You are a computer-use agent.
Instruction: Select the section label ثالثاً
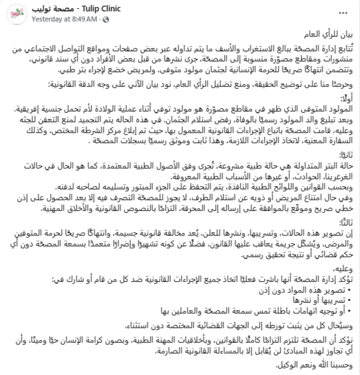(x=346, y=222)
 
